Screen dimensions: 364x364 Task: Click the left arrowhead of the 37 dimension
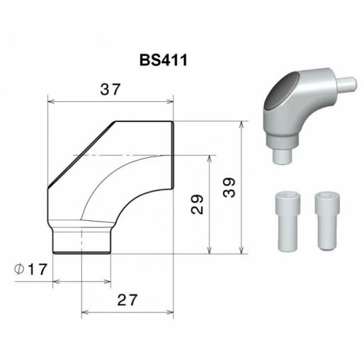tap(51, 101)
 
